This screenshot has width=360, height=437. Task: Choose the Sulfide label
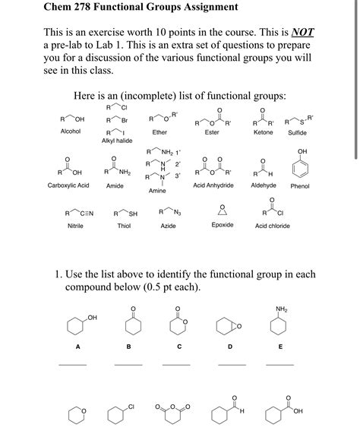(x=297, y=133)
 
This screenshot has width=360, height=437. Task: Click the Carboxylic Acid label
(x=68, y=185)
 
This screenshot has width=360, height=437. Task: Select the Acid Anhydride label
(x=213, y=185)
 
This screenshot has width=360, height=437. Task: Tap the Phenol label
(x=300, y=186)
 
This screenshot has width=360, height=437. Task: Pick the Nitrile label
(x=75, y=226)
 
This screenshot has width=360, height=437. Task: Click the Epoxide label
(x=223, y=225)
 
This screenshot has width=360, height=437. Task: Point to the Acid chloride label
(x=272, y=226)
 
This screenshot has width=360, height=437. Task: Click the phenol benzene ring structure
(x=302, y=169)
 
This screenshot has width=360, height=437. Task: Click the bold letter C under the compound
(x=179, y=347)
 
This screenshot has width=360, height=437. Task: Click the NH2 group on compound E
(x=282, y=309)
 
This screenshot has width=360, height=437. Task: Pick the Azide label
(x=168, y=226)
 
